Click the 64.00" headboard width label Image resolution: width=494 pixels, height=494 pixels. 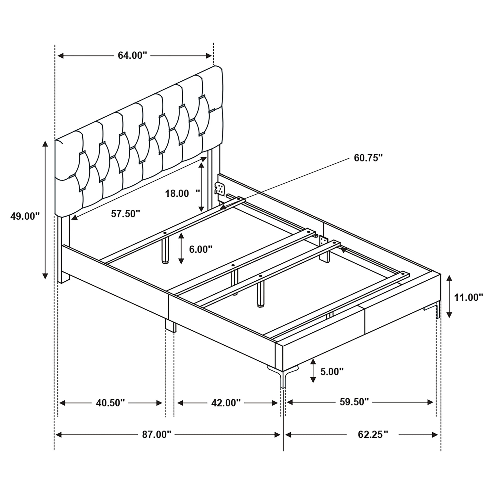132,56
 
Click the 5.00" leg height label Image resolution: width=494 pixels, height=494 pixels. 332,371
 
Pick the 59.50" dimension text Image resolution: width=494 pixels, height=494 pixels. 354,402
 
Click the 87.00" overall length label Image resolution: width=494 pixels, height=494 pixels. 157,434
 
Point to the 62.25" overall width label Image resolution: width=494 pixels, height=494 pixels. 373,434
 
